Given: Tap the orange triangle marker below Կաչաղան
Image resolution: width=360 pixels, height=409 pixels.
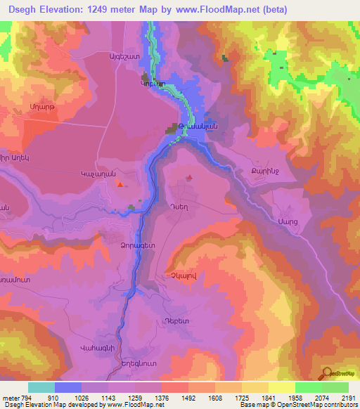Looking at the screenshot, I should pyautogui.click(x=120, y=185).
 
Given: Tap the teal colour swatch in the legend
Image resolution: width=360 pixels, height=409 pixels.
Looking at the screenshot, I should pyautogui.click(x=41, y=387).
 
